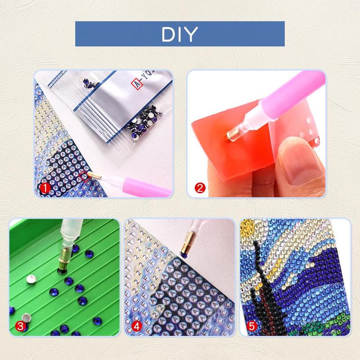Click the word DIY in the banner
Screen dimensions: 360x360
pos(180,34)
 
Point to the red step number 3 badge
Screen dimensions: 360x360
pos(19,325)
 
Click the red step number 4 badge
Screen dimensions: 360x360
pos(135,325)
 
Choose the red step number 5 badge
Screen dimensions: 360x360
pos(251,325)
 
